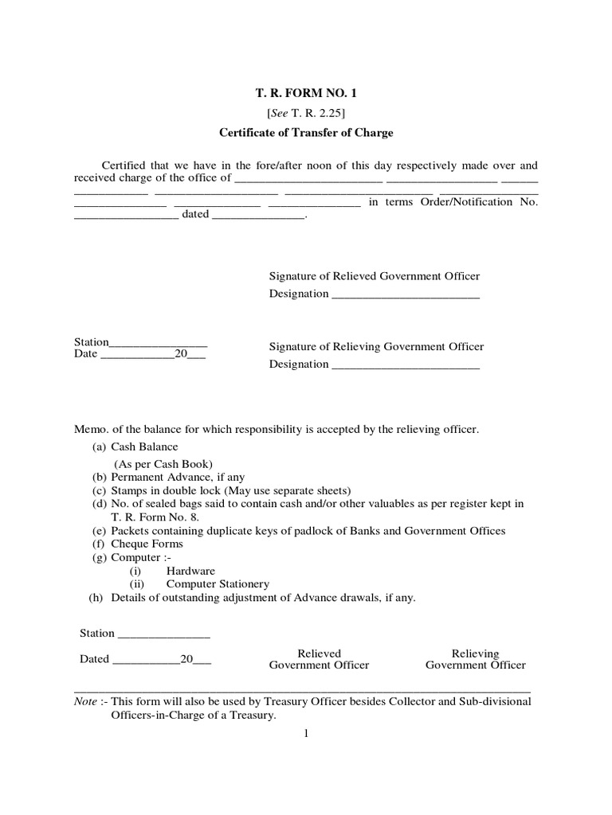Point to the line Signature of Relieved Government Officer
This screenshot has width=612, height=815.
point(375,275)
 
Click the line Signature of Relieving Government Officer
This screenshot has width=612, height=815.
point(376,346)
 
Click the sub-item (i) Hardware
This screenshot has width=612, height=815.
point(190,571)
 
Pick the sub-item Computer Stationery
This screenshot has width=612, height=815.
point(218,583)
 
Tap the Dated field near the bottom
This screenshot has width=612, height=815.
point(147,660)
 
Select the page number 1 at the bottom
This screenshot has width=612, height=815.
point(305,734)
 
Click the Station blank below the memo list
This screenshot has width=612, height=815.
point(163,634)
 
